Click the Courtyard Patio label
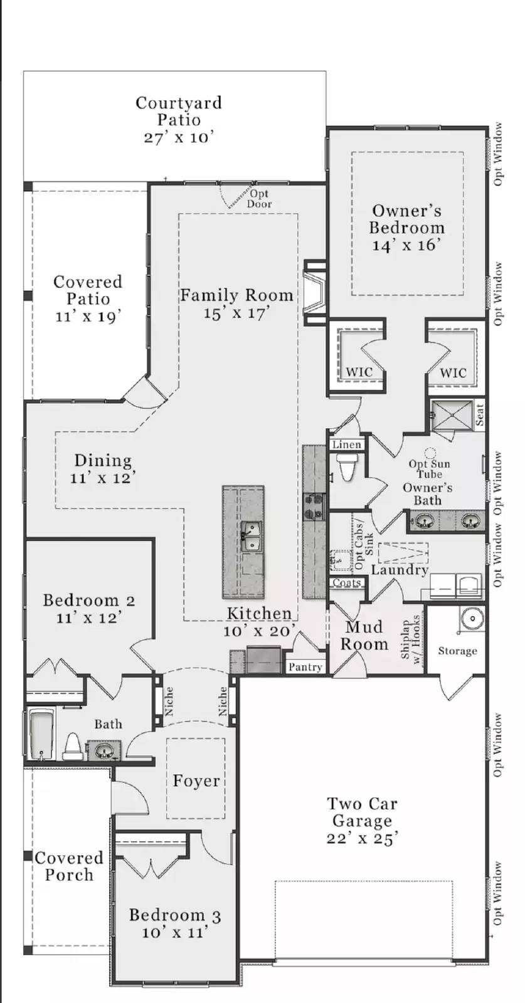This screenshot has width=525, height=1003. [x=179, y=112]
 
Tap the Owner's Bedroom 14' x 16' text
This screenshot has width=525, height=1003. [x=406, y=228]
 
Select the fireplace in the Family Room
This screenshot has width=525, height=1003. [x=314, y=293]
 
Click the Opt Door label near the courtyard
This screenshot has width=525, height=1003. [x=258, y=199]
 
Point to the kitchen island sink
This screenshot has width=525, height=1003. [x=252, y=537]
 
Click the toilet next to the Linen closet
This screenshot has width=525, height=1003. [x=347, y=467]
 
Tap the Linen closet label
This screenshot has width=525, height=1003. [x=346, y=444]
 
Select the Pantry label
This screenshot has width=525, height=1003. [x=305, y=667]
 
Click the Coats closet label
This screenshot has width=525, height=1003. [x=346, y=583]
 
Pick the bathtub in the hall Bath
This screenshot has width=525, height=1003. [x=41, y=734]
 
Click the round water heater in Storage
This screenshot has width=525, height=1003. [x=471, y=619]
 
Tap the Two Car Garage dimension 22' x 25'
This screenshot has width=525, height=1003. [x=362, y=838]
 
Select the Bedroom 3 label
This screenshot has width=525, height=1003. [x=174, y=916]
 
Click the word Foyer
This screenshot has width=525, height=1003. [x=196, y=781]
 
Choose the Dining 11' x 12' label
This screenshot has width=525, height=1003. [x=103, y=468]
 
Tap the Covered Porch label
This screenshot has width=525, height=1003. [x=69, y=866]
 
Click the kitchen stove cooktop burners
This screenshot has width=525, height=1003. [x=313, y=507]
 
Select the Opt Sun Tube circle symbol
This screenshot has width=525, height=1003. [x=430, y=452]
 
